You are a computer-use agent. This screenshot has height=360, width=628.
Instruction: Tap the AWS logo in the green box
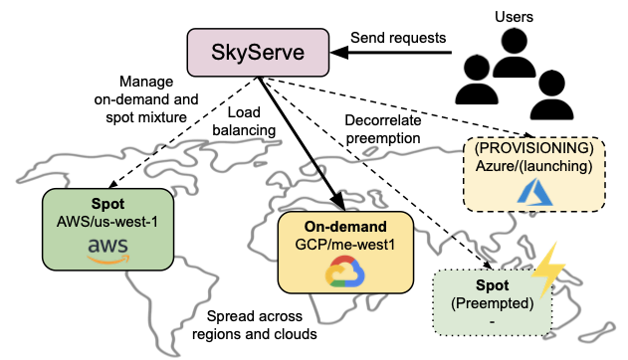(x=108, y=250)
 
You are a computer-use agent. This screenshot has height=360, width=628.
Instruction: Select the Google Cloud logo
(x=344, y=270)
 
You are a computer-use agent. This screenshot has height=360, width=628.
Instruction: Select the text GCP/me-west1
(x=344, y=243)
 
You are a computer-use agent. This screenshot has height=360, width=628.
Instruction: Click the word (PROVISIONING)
(x=534, y=147)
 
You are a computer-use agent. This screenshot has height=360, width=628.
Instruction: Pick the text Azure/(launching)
(x=534, y=165)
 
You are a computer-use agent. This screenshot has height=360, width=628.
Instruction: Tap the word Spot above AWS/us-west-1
(x=108, y=203)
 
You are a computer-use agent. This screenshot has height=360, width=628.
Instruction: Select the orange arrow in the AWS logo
(x=108, y=260)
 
